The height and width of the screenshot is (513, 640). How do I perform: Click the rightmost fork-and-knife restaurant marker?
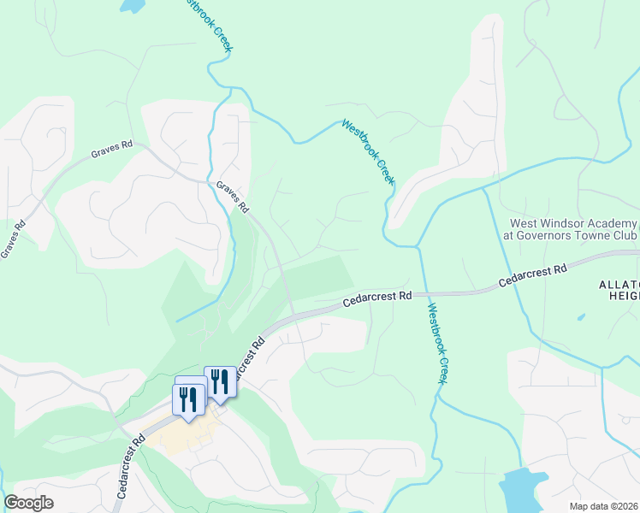[220, 381]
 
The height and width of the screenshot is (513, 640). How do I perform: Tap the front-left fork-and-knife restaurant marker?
[187, 399]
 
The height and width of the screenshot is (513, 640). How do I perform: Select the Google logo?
[28, 503]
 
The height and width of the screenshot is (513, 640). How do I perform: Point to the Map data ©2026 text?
[603, 506]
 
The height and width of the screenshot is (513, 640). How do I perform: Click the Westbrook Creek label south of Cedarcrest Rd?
[437, 344]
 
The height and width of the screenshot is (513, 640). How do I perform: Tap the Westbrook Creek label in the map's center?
[368, 151]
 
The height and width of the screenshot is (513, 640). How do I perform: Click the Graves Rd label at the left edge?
[13, 239]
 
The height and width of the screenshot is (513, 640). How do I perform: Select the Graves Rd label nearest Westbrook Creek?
[232, 197]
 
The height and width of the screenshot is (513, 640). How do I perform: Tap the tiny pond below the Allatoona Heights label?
[581, 317]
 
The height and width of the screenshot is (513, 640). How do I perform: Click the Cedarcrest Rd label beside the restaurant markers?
[250, 358]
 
